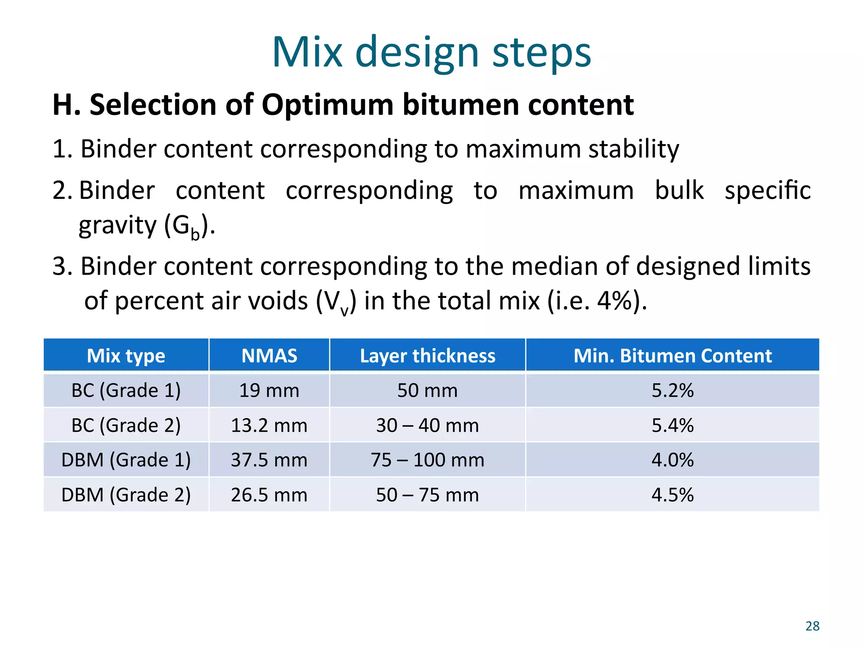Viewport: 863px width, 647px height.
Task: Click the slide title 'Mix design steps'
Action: coord(431,53)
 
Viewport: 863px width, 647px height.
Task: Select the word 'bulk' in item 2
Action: coord(679,190)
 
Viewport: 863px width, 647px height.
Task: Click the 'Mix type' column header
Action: coord(126,356)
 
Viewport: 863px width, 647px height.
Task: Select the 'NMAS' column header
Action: coord(269,356)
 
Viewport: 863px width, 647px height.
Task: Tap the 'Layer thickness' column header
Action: coord(427,356)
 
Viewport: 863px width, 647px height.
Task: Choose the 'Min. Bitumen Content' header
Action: coord(673,356)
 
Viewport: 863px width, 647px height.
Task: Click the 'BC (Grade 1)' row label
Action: coord(126,390)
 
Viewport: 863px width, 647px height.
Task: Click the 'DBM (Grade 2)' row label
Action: coord(126,495)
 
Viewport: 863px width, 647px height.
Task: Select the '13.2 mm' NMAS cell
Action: coord(269,425)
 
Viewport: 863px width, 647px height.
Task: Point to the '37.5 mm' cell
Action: coord(269,460)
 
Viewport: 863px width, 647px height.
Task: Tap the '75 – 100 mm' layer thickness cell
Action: coord(427,460)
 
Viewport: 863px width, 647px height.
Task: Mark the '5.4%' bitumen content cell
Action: coord(673,425)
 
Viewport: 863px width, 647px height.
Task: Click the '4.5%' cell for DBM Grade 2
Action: coord(673,495)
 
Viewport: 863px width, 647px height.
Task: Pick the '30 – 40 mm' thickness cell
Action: coord(427,425)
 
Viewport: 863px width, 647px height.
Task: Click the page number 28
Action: coord(812,626)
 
